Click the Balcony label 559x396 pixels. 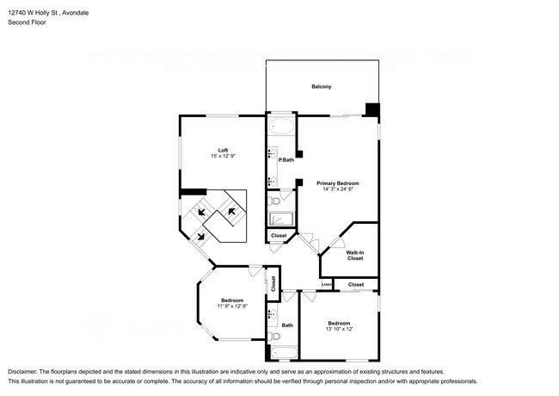pyautogui.click(x=321, y=87)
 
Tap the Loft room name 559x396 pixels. pyautogui.click(x=223, y=149)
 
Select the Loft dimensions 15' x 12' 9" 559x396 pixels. pyautogui.click(x=223, y=156)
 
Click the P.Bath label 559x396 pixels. pyautogui.click(x=286, y=159)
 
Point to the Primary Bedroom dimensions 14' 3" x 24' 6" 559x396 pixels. pyautogui.click(x=337, y=189)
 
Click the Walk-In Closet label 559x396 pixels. pyautogui.click(x=355, y=255)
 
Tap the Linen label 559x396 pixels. pyautogui.click(x=327, y=284)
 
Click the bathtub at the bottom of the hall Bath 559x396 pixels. pyautogui.click(x=283, y=350)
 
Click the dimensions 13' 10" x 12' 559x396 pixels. pyautogui.click(x=339, y=329)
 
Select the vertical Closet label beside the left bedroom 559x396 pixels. pyautogui.click(x=273, y=283)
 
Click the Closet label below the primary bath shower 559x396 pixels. pyautogui.click(x=279, y=236)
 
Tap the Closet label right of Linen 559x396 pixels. pyautogui.click(x=356, y=284)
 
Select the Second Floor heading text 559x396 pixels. pyautogui.click(x=27, y=22)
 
